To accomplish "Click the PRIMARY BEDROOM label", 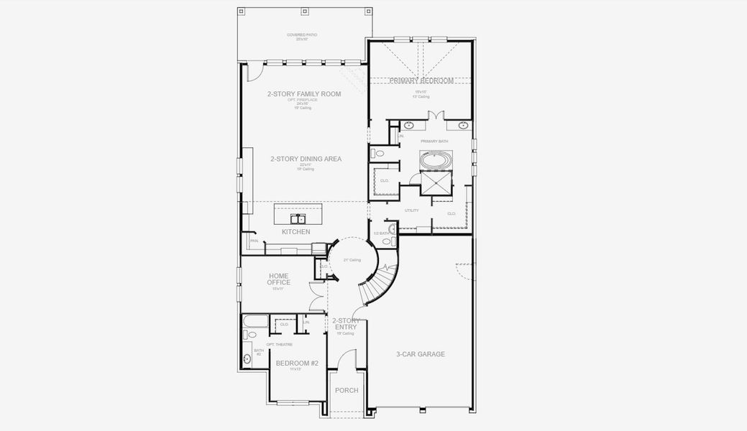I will coord(421,81).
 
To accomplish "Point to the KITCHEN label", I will coord(295,232).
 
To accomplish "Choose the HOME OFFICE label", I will coord(279,279).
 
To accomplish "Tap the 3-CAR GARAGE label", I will coord(421,354).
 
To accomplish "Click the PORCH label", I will coord(347,391).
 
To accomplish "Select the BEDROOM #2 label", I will coord(296,363).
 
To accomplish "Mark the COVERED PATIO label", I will coord(302,35).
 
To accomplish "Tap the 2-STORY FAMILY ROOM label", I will coord(304,94).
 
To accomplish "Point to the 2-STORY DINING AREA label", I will coord(306,159).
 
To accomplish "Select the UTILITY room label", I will coord(411,210).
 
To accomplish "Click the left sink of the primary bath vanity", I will coord(399,125).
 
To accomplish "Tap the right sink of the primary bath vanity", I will coord(464,125).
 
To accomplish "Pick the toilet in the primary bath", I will coord(379,153).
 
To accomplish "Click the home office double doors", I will coord(317,295).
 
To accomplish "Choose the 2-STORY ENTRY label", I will coord(345,324).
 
